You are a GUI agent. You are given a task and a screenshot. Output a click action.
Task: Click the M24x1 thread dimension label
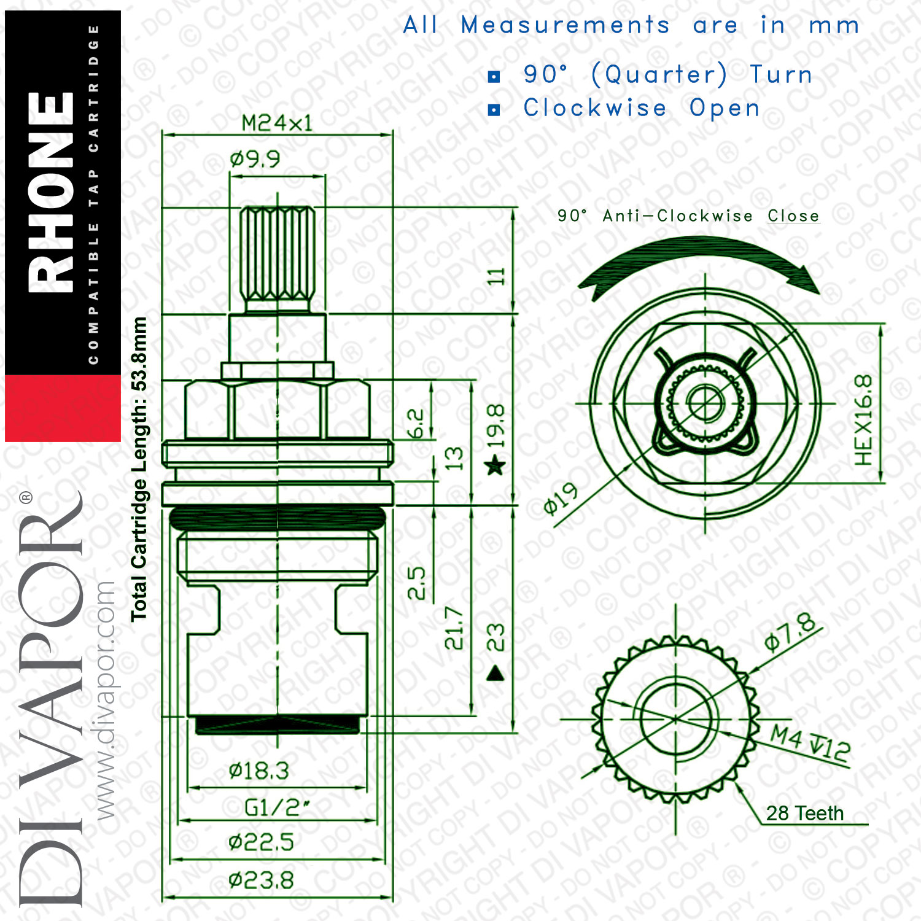tap(277, 123)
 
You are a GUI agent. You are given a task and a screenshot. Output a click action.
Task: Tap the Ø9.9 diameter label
tap(255, 160)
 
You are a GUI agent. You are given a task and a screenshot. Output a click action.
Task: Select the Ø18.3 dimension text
tap(258, 771)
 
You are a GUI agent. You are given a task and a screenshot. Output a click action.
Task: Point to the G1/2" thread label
tap(276, 807)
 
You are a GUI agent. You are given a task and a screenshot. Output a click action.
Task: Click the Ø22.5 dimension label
tap(261, 842)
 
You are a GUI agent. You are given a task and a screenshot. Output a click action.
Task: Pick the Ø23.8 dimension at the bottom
tap(261, 881)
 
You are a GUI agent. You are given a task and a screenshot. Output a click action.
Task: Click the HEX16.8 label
tap(863, 420)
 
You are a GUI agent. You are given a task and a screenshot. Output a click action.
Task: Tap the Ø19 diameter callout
tap(561, 498)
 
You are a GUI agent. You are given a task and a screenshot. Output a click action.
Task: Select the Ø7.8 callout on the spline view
tap(791, 631)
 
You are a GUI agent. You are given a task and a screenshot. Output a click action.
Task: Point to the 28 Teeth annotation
tap(805, 814)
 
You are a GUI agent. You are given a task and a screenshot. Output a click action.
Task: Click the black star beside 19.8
tap(495, 465)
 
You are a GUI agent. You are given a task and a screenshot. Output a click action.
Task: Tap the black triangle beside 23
tap(495, 674)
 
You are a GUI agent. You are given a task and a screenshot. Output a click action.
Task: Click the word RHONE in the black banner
tap(52, 192)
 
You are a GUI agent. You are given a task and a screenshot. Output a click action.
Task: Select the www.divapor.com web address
tap(106, 701)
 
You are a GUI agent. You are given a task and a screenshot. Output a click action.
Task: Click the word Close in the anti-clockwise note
tap(793, 216)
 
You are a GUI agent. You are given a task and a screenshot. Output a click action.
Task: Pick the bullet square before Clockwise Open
tap(494, 110)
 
